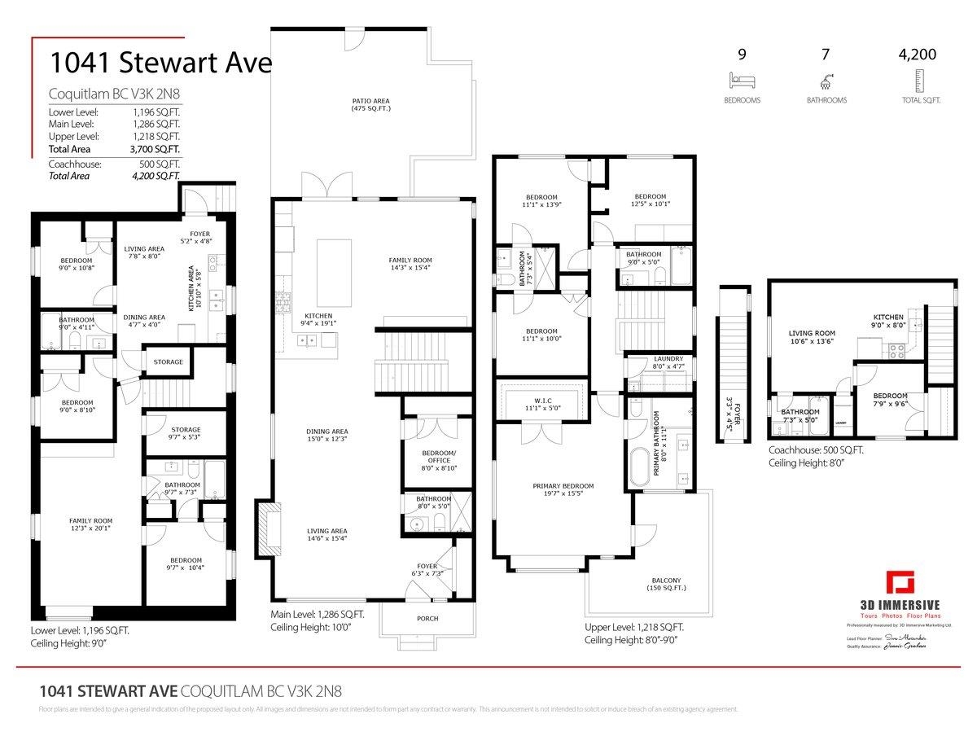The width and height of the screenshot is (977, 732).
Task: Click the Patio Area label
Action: [370, 104]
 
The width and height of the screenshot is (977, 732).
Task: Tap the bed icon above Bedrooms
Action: [742, 81]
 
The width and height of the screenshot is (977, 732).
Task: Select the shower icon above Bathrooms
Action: [826, 81]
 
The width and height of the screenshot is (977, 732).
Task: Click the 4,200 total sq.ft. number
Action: [917, 55]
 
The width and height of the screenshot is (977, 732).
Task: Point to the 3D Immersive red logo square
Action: [900, 584]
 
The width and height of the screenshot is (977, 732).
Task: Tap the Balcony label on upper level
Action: [666, 584]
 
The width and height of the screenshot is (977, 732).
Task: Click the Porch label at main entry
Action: [427, 618]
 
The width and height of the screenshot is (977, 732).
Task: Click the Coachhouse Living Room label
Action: [812, 337]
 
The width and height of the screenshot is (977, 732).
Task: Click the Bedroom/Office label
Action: [438, 458]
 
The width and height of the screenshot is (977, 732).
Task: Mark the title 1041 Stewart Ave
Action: [160, 63]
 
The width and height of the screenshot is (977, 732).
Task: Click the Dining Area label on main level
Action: [327, 436]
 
